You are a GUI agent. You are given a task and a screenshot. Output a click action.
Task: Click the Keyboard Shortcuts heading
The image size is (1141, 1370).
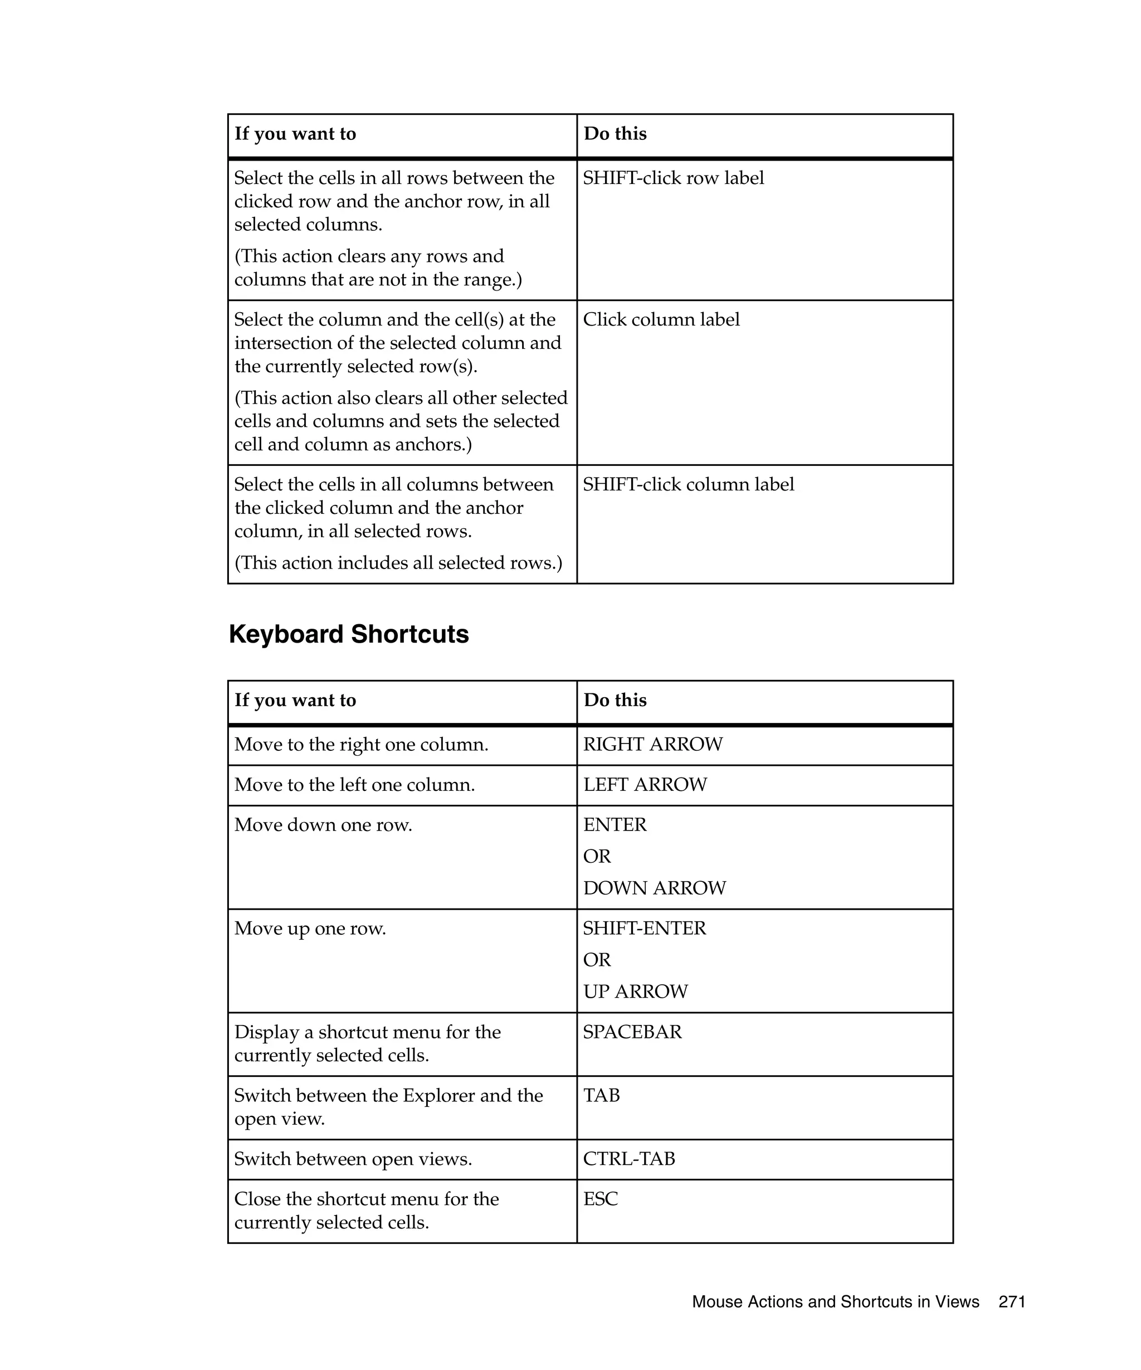(x=348, y=634)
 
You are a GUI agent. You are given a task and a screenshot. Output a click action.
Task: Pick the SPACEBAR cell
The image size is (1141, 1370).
(x=632, y=1032)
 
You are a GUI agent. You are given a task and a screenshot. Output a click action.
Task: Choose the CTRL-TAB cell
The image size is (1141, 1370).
(x=628, y=1159)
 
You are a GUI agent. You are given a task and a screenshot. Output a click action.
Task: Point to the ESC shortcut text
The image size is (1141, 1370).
(x=600, y=1199)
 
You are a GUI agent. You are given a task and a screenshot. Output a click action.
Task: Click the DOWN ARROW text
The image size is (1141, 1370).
(x=654, y=888)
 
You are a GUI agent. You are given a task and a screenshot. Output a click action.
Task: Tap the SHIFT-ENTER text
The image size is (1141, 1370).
(x=644, y=929)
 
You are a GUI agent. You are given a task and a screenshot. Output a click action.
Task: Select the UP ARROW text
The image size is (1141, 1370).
(x=635, y=992)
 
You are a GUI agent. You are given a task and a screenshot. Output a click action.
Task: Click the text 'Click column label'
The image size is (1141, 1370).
(x=661, y=320)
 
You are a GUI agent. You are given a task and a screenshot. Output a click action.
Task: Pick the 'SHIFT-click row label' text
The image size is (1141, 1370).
(x=673, y=178)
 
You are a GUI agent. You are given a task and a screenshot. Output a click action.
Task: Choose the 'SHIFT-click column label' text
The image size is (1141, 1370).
(x=688, y=485)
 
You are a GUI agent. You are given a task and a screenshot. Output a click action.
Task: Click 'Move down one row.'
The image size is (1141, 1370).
(x=323, y=825)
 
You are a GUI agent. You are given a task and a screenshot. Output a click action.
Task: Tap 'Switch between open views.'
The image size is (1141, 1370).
(x=353, y=1159)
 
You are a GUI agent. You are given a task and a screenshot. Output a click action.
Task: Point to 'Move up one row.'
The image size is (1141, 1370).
(x=310, y=929)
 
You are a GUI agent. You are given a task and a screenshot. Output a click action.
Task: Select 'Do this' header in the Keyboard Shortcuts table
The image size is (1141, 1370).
(x=615, y=700)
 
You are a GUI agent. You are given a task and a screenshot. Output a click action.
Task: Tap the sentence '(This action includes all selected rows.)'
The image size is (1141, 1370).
(x=398, y=563)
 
